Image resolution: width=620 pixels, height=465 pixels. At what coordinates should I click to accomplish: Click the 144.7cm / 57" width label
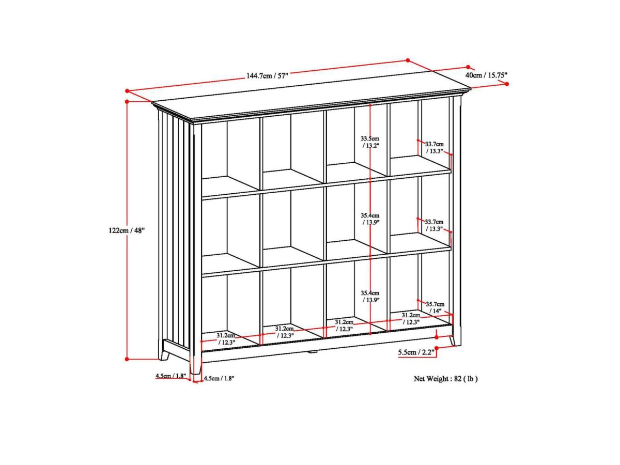click(x=267, y=75)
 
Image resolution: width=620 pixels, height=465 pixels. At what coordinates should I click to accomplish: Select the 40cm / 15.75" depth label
click(x=486, y=75)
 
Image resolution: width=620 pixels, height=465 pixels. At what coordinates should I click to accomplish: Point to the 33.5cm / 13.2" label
click(x=370, y=142)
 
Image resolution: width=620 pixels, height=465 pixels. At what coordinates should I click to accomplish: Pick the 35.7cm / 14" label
click(x=435, y=307)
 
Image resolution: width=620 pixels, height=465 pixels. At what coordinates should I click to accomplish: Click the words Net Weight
click(x=431, y=379)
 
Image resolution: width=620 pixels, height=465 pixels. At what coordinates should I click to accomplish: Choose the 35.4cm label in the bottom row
click(x=370, y=293)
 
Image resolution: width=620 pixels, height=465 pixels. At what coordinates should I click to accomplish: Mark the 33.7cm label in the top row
click(x=434, y=144)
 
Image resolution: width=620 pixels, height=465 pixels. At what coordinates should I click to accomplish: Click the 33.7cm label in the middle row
click(x=434, y=222)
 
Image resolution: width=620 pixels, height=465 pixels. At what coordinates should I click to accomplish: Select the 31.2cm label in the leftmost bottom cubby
click(x=226, y=335)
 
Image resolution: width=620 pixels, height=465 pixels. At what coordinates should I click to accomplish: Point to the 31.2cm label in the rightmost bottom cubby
click(x=411, y=315)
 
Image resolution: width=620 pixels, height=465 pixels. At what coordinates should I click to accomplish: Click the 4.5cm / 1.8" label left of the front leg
click(x=171, y=376)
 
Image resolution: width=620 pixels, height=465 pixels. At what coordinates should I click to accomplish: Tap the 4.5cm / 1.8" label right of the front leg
click(x=219, y=379)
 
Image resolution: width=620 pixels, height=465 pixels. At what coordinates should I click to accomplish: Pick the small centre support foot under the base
click(x=311, y=352)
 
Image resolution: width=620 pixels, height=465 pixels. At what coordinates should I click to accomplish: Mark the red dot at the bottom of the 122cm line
click(x=127, y=358)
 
